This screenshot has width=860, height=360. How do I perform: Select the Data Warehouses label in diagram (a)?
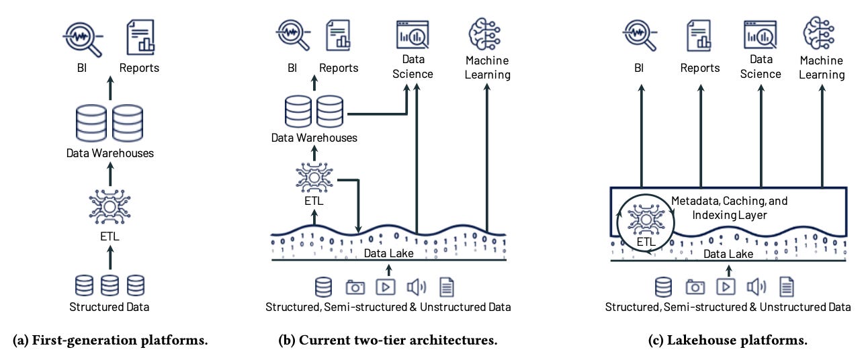[110, 153]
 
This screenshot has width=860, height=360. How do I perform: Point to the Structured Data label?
[110, 308]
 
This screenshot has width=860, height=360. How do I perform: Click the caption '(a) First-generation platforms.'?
[110, 341]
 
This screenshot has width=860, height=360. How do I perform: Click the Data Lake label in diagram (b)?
[388, 253]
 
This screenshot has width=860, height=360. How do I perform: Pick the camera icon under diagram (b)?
[355, 287]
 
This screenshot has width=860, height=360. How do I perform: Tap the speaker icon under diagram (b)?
[416, 287]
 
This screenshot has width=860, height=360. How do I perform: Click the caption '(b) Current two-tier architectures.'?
[388, 341]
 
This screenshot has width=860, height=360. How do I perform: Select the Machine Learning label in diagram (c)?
[822, 68]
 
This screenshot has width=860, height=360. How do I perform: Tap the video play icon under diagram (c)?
[726, 287]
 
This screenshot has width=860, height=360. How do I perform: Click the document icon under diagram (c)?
[786, 287]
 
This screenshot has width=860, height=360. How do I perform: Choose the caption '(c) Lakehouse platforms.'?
[728, 341]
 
